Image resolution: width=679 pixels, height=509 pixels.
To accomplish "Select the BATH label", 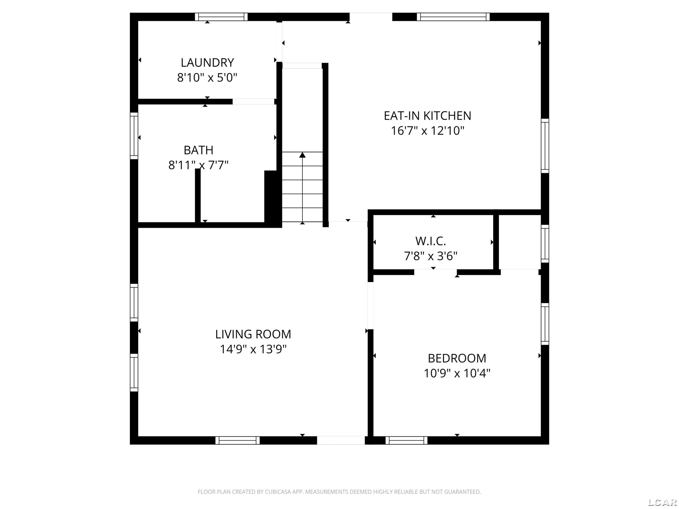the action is (198, 150).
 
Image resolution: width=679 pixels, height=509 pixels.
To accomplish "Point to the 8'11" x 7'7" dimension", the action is (198, 165).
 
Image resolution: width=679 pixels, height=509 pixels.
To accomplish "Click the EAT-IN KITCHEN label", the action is (427, 116).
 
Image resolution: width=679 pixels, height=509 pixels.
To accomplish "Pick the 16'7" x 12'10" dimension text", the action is (427, 131).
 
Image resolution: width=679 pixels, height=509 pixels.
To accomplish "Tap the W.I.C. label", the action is (430, 241).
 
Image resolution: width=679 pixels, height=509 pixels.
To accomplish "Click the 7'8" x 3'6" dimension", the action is (430, 256).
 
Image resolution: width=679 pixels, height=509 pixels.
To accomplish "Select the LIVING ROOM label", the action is (253, 334).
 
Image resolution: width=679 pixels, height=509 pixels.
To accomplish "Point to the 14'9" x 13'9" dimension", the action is (253, 349).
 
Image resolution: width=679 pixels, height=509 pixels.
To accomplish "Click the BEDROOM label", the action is (457, 358).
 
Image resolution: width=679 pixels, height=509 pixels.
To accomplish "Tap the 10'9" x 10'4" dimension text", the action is (457, 373).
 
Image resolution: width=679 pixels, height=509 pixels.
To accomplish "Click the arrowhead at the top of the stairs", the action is (302, 155).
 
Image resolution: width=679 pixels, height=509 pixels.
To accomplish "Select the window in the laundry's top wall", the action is (221, 17).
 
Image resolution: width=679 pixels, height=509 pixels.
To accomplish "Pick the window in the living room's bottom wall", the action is (237, 440).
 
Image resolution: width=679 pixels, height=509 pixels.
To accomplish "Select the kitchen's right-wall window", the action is (545, 146).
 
